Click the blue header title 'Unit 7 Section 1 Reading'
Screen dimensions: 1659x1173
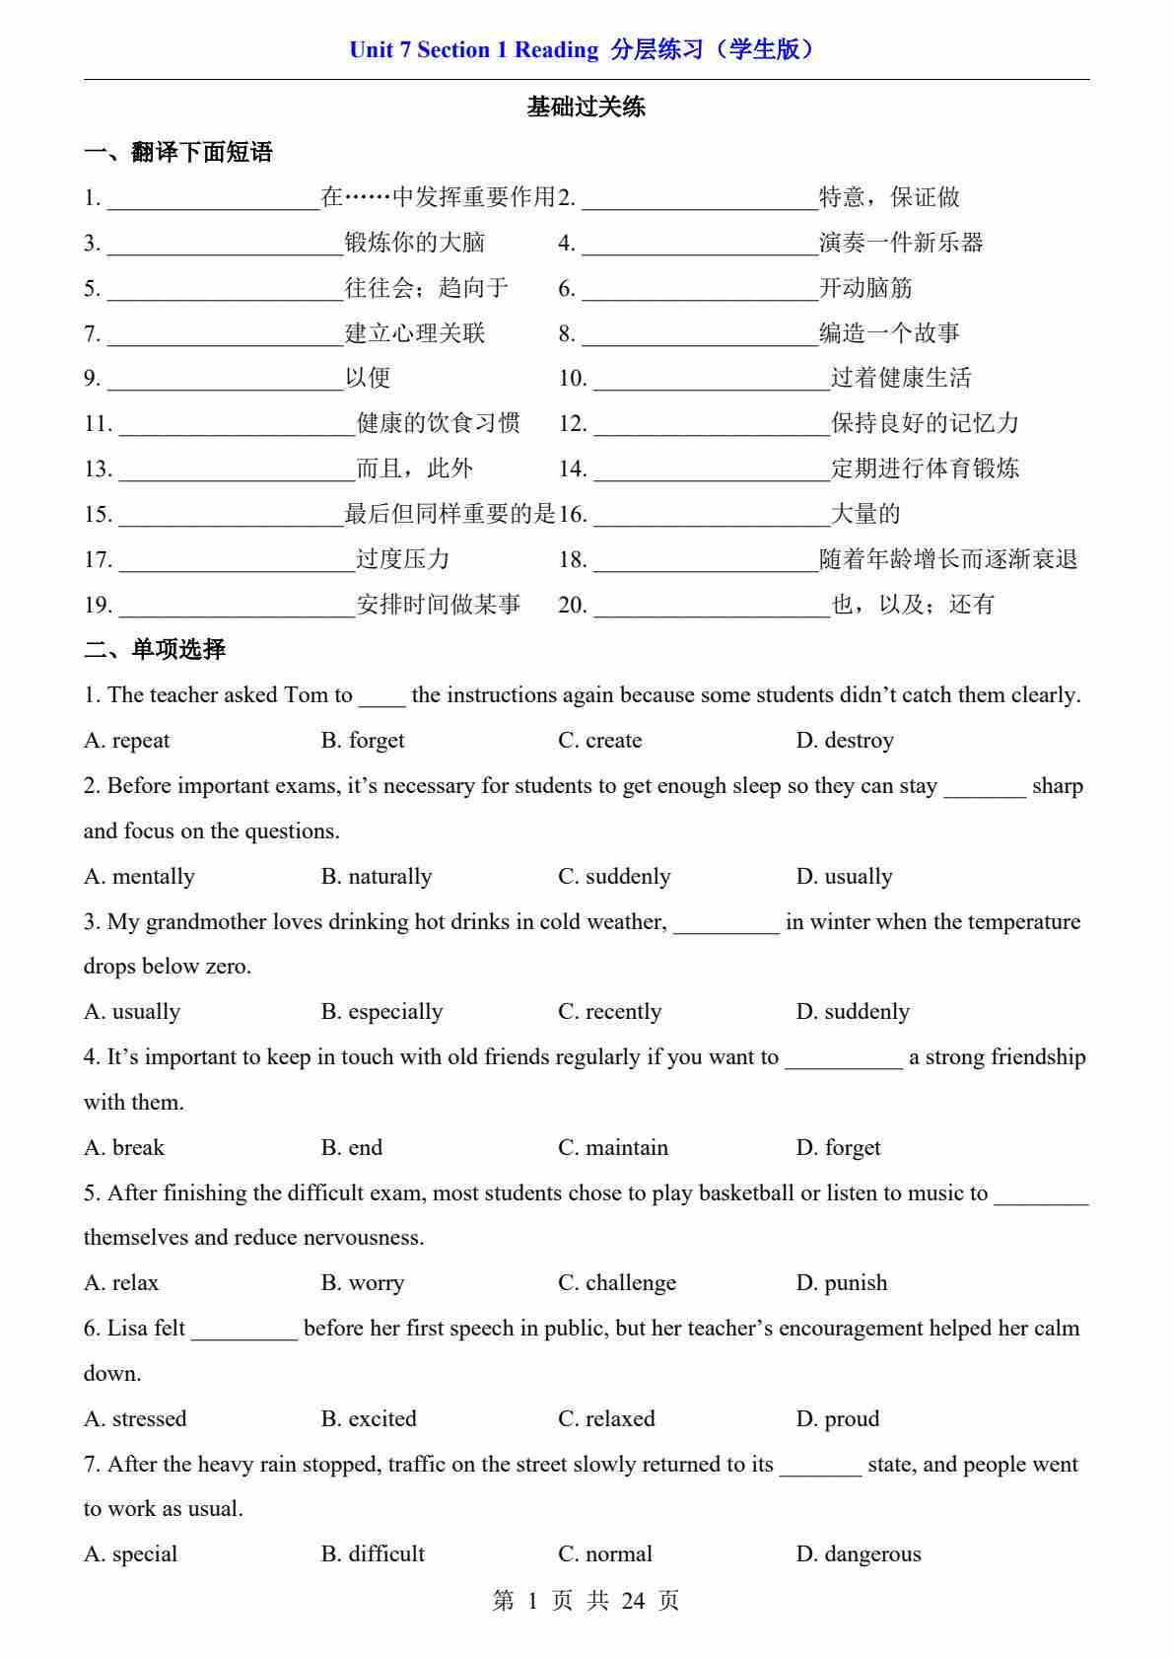(x=473, y=50)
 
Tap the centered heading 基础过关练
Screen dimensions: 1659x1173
(x=586, y=107)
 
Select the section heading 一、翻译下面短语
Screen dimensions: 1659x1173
(x=178, y=153)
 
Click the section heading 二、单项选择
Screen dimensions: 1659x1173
(x=155, y=649)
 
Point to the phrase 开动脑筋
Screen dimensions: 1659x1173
(x=865, y=288)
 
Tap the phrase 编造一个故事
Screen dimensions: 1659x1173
(x=889, y=333)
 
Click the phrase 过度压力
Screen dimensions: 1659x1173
(x=402, y=559)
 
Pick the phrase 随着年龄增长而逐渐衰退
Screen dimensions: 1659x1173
(x=948, y=559)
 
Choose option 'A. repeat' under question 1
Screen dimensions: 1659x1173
(x=127, y=741)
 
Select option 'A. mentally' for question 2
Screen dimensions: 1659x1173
(x=139, y=877)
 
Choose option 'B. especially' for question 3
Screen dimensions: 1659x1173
(x=381, y=1012)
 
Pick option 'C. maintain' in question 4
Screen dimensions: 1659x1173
(x=612, y=1148)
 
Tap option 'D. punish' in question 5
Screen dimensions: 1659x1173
(x=841, y=1283)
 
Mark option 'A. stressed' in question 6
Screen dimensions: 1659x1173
(x=135, y=1419)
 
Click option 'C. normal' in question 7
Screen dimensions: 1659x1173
(x=604, y=1554)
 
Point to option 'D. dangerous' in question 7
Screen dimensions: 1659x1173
(x=858, y=1554)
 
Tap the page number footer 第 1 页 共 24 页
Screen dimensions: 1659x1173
(x=586, y=1601)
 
